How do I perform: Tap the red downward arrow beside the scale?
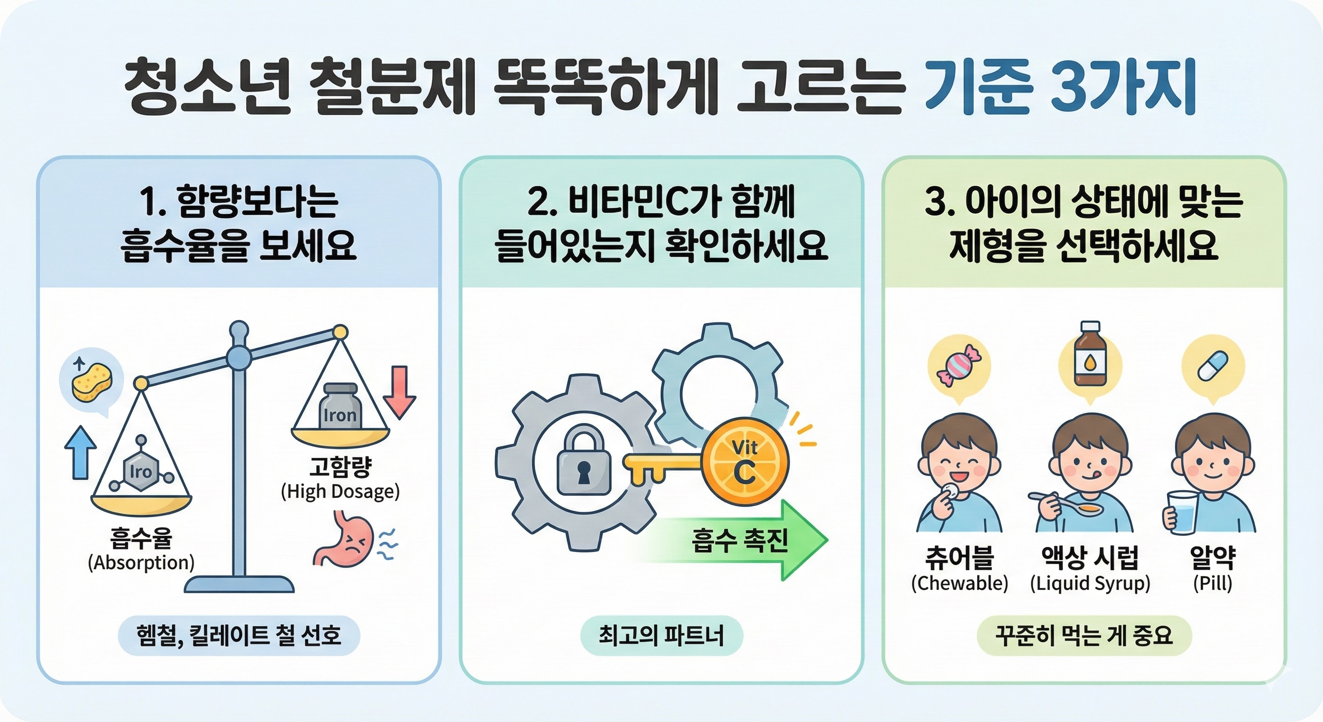(399, 392)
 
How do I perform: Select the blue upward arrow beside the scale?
(80, 452)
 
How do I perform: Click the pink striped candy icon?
(958, 366)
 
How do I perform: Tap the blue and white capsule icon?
(1213, 365)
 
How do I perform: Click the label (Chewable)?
(959, 583)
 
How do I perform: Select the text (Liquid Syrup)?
(1090, 584)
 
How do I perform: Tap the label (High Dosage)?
(340, 491)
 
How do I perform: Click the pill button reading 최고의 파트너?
(661, 636)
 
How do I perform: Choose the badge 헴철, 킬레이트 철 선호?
(239, 635)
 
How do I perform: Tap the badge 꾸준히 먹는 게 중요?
(1084, 636)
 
